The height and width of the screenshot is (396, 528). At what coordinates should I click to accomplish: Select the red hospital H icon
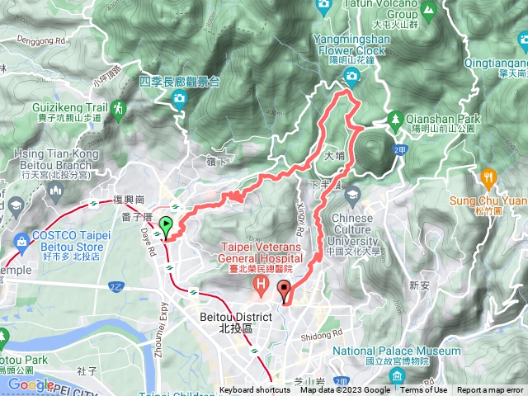(262, 287)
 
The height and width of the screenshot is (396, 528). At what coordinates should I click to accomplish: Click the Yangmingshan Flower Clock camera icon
(352, 78)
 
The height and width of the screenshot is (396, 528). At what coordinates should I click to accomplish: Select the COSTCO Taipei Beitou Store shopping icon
(20, 241)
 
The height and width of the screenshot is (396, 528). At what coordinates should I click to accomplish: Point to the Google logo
(31, 384)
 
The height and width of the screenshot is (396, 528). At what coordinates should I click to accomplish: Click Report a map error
(490, 390)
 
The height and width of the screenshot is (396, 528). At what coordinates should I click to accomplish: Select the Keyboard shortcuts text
(255, 390)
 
